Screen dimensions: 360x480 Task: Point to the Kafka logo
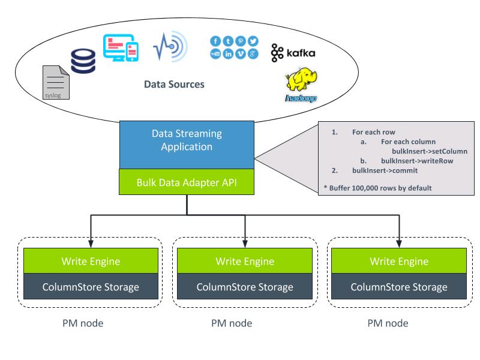(x=293, y=53)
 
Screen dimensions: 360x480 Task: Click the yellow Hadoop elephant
(x=302, y=84)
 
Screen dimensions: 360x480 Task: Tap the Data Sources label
(x=174, y=85)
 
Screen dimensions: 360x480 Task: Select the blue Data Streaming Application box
(x=187, y=145)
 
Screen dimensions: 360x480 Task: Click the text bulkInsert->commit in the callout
(x=380, y=171)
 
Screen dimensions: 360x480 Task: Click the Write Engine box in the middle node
(x=245, y=262)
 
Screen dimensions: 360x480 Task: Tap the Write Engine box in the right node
(x=399, y=262)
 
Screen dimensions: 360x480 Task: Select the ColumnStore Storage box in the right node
(x=399, y=287)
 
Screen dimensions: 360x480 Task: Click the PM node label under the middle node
(x=232, y=323)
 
